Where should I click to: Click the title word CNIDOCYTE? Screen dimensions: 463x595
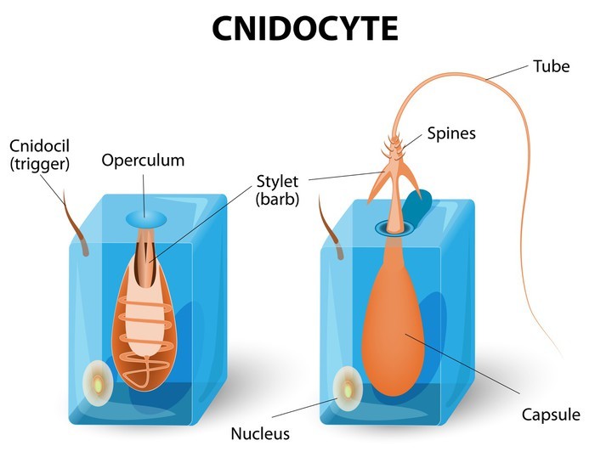point(304,28)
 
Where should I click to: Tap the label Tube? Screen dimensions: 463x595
point(550,65)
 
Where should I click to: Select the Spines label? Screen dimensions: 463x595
point(450,133)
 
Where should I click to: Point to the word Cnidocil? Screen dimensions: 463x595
point(34,144)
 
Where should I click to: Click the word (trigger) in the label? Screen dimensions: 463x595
point(41,163)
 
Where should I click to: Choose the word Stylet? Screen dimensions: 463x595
point(276,181)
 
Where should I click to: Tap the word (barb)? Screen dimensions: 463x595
point(276,200)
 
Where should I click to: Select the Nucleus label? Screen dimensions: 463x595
point(260,434)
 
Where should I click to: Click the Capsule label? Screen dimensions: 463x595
point(552,415)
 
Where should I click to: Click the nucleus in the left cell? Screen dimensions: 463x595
point(99,382)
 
